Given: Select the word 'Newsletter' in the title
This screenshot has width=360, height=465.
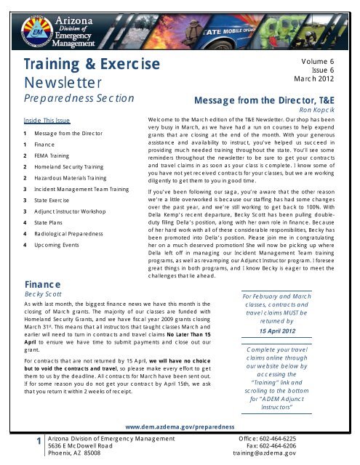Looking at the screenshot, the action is click(x=57, y=82).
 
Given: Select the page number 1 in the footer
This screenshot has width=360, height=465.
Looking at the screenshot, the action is click(x=27, y=444).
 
